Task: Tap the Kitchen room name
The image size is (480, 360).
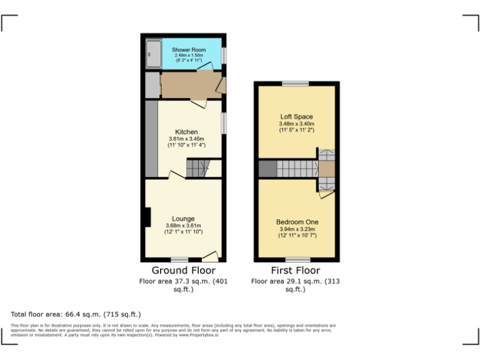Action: tap(186, 132)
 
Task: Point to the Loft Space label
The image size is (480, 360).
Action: tap(296, 117)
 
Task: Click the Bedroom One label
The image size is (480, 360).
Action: tap(297, 222)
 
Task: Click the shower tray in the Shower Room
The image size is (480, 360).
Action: tap(153, 54)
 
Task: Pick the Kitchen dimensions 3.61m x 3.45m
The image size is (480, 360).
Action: tap(186, 142)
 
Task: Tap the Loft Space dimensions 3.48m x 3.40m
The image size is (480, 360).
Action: tap(296, 127)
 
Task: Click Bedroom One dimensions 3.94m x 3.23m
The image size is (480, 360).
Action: tap(297, 232)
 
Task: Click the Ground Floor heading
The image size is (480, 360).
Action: tap(174, 271)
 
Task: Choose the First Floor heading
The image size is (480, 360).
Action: tap(295, 271)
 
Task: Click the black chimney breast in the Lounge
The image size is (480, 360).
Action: tap(147, 217)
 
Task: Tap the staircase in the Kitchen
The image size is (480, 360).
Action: tap(197, 167)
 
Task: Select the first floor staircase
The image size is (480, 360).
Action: tap(297, 169)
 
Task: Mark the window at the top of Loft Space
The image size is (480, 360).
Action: tap(294, 84)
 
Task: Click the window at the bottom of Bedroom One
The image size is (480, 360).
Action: tap(297, 259)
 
